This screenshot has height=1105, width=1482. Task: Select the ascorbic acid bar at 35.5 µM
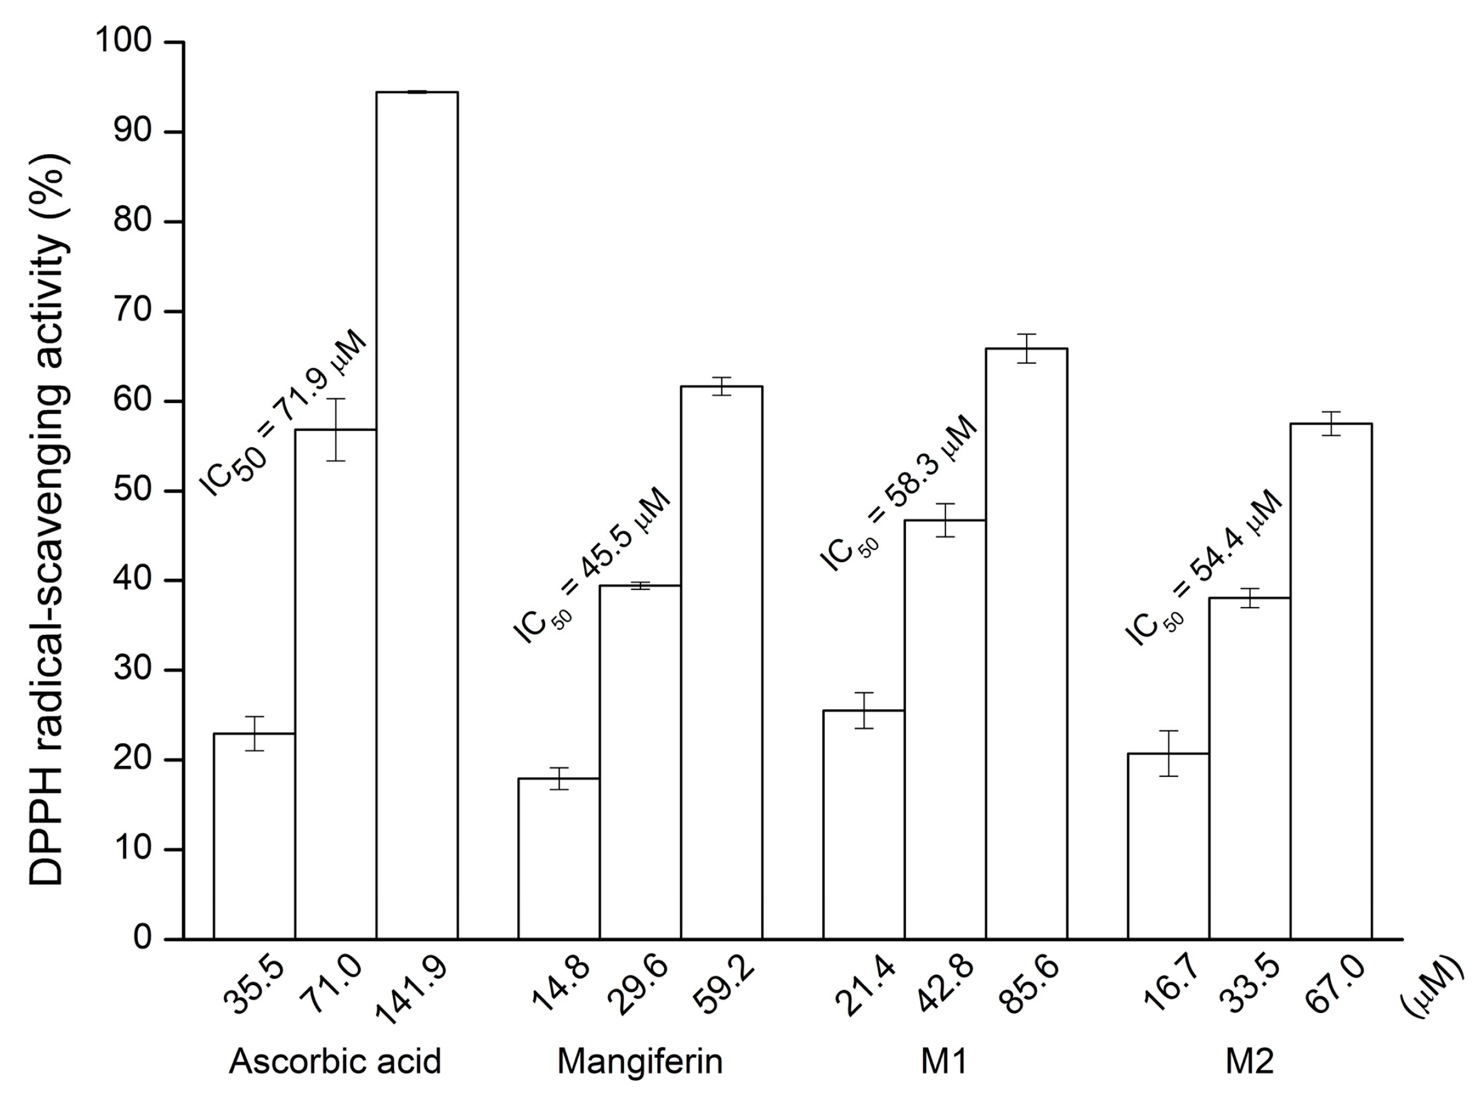tap(254, 836)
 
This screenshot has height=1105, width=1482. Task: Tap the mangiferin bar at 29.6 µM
tap(640, 762)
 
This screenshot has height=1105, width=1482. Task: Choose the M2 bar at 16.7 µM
tap(1168, 846)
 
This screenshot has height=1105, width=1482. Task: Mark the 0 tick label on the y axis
tap(142, 939)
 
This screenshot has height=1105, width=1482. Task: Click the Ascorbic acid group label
tap(335, 1061)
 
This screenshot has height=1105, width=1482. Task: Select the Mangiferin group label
tap(640, 1061)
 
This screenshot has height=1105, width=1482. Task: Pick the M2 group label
tap(1249, 1061)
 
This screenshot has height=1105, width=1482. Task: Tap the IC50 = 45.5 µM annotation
tap(592, 565)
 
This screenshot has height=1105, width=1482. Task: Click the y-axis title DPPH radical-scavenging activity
tap(50, 519)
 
